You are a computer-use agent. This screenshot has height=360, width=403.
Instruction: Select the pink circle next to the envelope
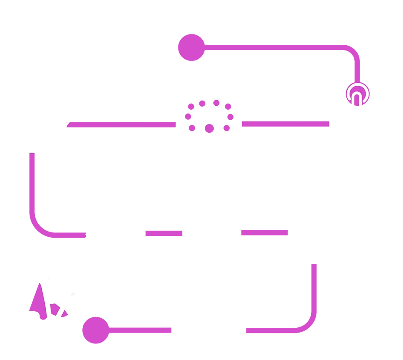pyautogui.click(x=191, y=47)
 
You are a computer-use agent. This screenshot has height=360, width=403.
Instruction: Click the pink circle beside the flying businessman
pyautogui.click(x=95, y=330)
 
